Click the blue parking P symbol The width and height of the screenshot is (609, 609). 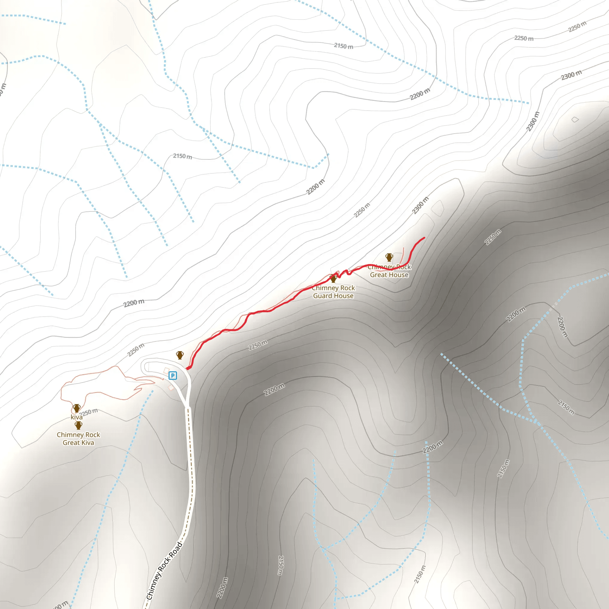click(x=173, y=376)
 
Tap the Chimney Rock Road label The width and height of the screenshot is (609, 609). click(x=164, y=571)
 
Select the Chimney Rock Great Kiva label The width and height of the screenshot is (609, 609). click(x=78, y=439)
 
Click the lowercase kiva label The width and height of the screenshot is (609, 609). click(x=76, y=417)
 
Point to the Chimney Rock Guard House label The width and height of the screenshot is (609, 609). click(x=333, y=292)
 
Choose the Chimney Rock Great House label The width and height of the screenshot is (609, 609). click(x=389, y=271)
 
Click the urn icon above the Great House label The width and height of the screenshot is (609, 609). click(x=389, y=257)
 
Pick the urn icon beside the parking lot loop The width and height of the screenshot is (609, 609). click(x=180, y=355)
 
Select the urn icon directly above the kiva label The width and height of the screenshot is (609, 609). click(x=77, y=408)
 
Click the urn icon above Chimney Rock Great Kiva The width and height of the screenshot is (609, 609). click(x=79, y=426)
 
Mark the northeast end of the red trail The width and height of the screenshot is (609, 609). click(x=424, y=238)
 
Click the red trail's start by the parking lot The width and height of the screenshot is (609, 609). click(x=188, y=368)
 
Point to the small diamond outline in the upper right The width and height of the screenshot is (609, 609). click(x=575, y=120)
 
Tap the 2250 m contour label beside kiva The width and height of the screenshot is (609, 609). click(x=89, y=412)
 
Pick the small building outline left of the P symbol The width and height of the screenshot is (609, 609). click(x=167, y=371)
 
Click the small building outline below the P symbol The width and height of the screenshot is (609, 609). click(x=171, y=387)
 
